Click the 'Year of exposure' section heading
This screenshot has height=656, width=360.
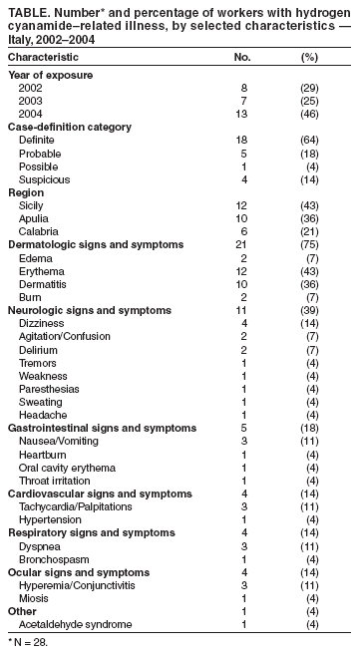click(50, 75)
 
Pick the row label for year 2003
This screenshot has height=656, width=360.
click(31, 102)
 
